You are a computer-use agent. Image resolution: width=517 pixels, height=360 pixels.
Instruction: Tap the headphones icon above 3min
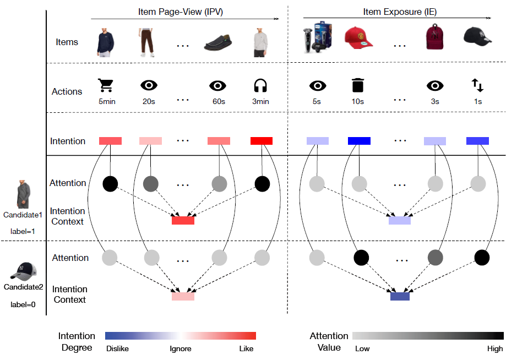260,85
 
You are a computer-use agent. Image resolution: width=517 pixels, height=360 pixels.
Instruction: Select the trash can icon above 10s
358,85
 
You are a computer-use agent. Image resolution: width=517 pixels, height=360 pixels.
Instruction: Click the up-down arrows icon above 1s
477,85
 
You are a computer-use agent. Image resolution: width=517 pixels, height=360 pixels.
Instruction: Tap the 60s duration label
219,102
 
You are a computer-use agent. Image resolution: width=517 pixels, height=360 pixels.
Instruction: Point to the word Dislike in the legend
117,348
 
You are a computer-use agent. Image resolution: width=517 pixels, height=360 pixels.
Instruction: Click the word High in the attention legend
494,348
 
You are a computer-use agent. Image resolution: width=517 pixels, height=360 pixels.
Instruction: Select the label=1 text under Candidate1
23,232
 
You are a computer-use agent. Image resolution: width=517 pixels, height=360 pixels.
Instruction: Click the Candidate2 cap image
24,271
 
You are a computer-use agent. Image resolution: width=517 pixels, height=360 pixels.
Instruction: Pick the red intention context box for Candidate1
183,220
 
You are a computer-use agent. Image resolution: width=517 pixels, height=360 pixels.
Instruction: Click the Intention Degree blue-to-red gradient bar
181,336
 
